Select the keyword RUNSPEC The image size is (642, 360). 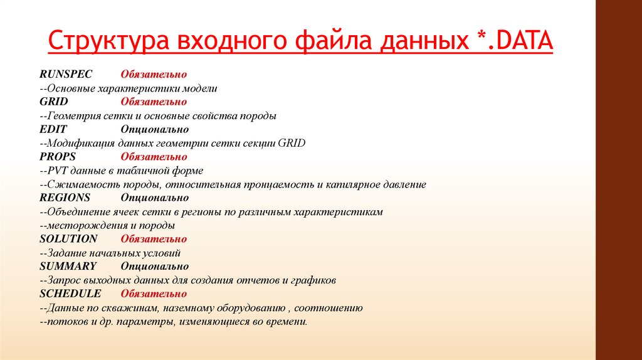point(66,75)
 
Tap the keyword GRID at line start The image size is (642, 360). point(53,102)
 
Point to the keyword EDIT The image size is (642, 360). point(53,129)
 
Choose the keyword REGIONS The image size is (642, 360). point(65,198)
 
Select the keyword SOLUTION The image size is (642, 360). point(68,239)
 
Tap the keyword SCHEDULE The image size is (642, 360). point(70,294)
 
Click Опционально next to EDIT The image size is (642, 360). point(155,129)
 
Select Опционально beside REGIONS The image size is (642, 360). point(155,198)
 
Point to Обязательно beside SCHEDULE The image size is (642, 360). point(154,294)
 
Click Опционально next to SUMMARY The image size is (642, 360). point(155,266)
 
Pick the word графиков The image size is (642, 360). point(315,280)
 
